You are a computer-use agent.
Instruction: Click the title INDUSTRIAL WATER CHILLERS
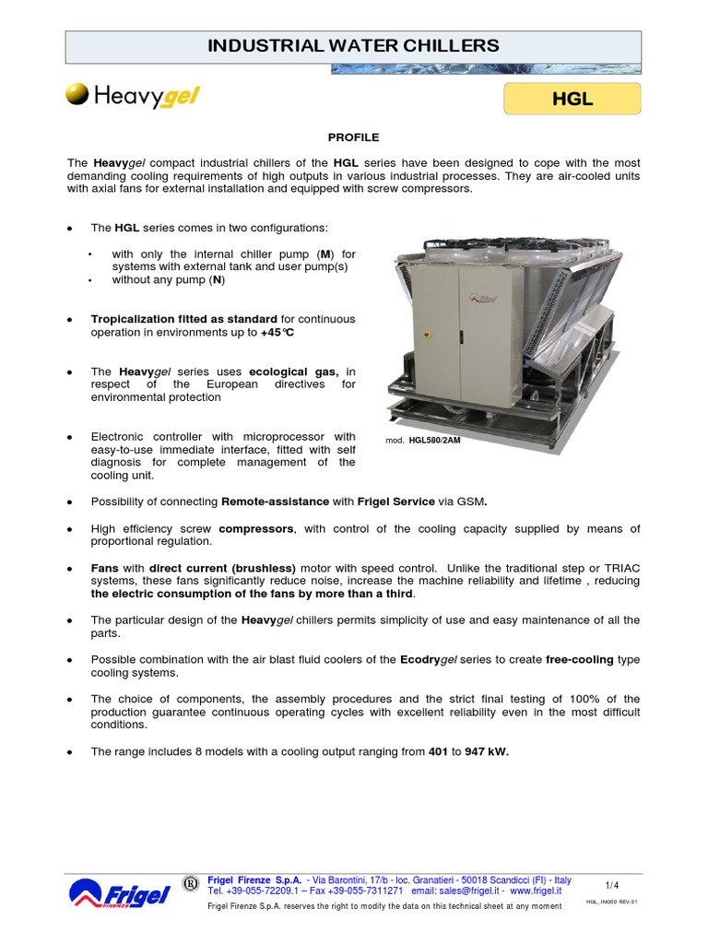(x=353, y=45)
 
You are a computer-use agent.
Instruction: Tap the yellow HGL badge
(x=572, y=99)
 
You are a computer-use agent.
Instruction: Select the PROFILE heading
(x=353, y=137)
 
